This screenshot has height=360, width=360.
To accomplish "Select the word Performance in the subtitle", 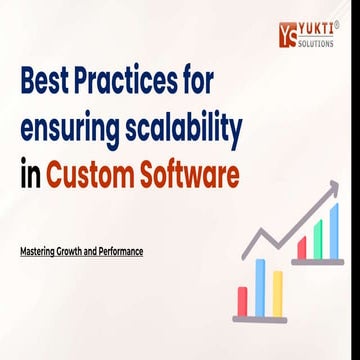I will click(121, 251).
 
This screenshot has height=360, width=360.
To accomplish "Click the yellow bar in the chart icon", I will click(276, 292).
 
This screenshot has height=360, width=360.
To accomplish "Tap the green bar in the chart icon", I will click(319, 240).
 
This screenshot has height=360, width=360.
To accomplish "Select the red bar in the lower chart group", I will click(242, 300).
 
